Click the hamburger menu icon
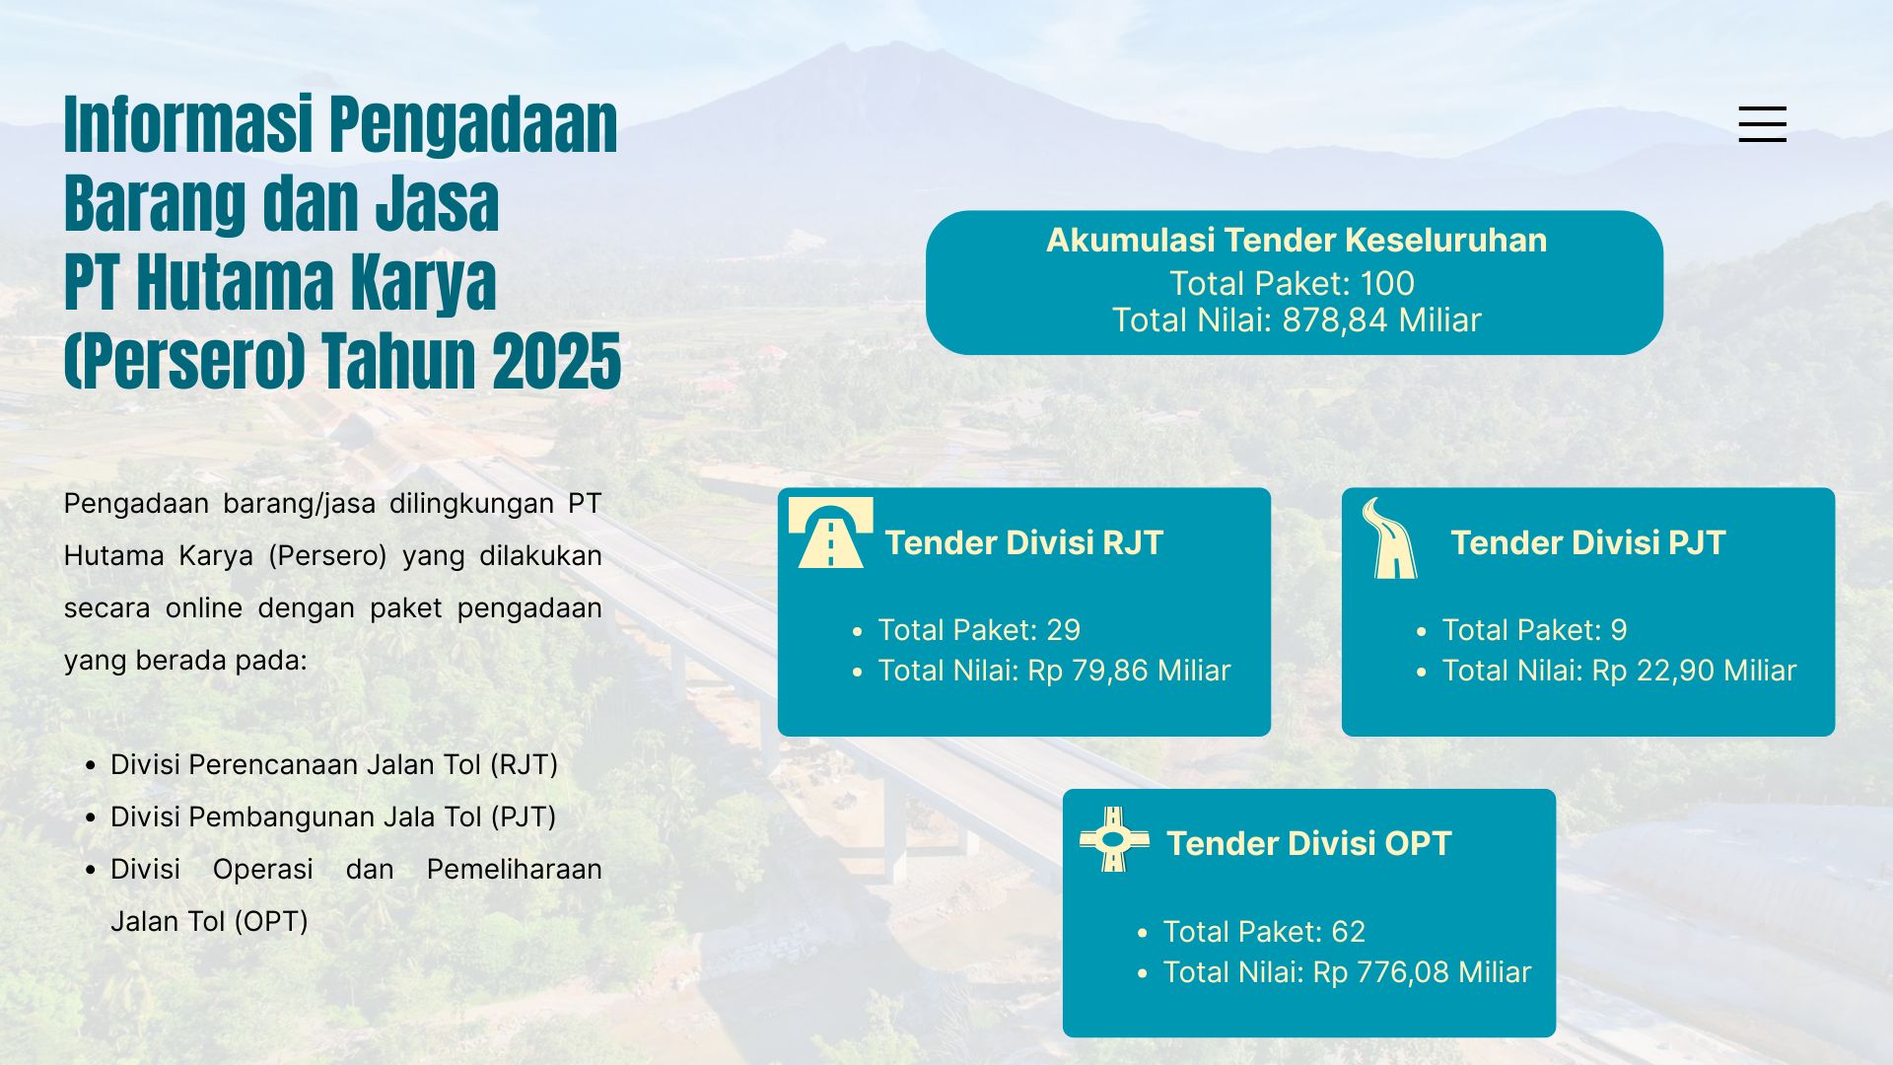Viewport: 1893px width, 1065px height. pyautogui.click(x=1762, y=124)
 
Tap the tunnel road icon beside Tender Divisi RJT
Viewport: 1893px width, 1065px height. pyautogui.click(x=830, y=533)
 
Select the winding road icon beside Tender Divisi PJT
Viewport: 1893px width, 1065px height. pyautogui.click(x=1390, y=537)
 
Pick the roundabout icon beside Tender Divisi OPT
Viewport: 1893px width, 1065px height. pyautogui.click(x=1114, y=839)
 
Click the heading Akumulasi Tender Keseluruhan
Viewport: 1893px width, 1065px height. pyautogui.click(x=1296, y=240)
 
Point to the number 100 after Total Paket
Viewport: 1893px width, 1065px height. pyautogui.click(x=1387, y=284)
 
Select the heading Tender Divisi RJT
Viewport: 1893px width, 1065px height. pyautogui.click(x=1023, y=542)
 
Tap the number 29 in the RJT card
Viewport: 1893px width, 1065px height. pyautogui.click(x=1064, y=630)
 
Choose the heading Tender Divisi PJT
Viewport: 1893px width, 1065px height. pyautogui.click(x=1587, y=542)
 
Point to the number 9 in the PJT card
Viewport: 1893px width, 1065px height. pyautogui.click(x=1619, y=630)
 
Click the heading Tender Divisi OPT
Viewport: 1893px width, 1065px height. pyautogui.click(x=1308, y=843)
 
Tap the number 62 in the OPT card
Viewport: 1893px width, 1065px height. pyautogui.click(x=1349, y=932)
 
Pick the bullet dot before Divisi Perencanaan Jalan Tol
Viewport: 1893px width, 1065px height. pyautogui.click(x=91, y=765)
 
